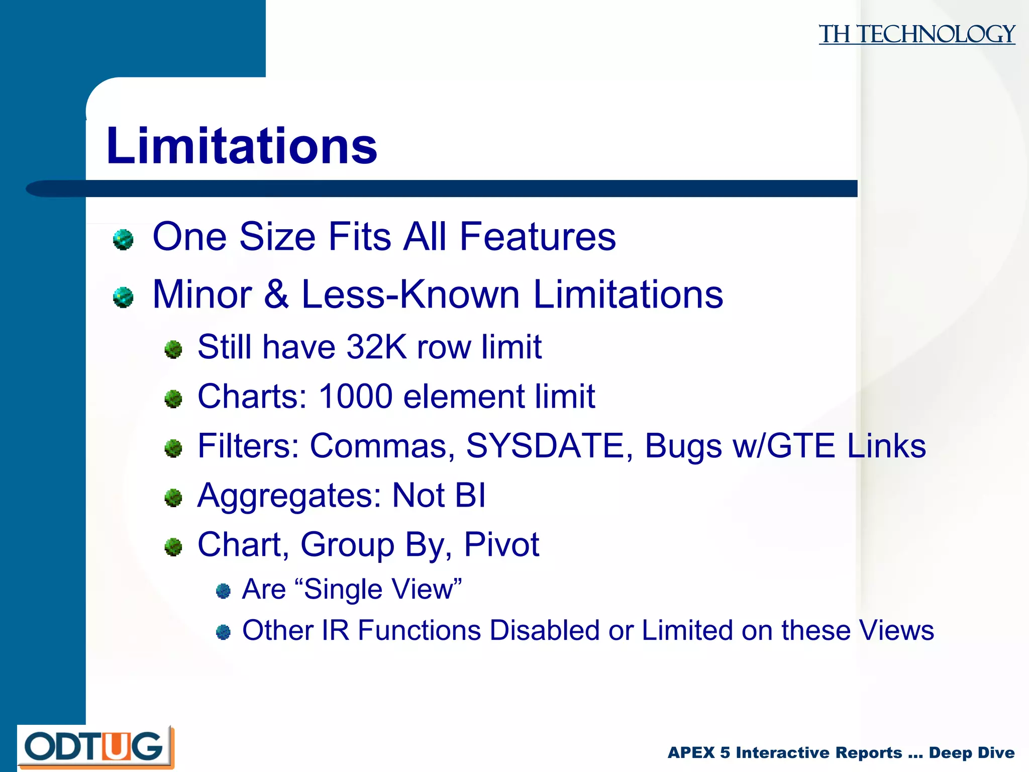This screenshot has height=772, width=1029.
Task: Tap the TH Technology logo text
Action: click(x=916, y=34)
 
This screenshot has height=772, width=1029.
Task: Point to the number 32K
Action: click(x=376, y=347)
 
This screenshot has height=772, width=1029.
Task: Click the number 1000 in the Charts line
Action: click(x=355, y=397)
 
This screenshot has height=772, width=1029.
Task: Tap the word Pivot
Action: click(x=501, y=544)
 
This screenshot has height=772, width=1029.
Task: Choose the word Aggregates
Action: click(x=289, y=496)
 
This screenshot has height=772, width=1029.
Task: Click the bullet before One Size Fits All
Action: click(x=123, y=239)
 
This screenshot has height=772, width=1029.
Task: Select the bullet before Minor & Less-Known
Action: click(x=123, y=297)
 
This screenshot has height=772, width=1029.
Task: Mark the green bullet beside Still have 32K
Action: click(x=173, y=349)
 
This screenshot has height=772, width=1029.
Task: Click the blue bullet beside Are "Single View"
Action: click(x=223, y=591)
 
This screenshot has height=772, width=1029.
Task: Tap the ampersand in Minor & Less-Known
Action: click(x=276, y=295)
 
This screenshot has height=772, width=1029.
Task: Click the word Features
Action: click(x=537, y=236)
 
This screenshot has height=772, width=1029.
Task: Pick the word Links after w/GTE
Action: click(x=886, y=446)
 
